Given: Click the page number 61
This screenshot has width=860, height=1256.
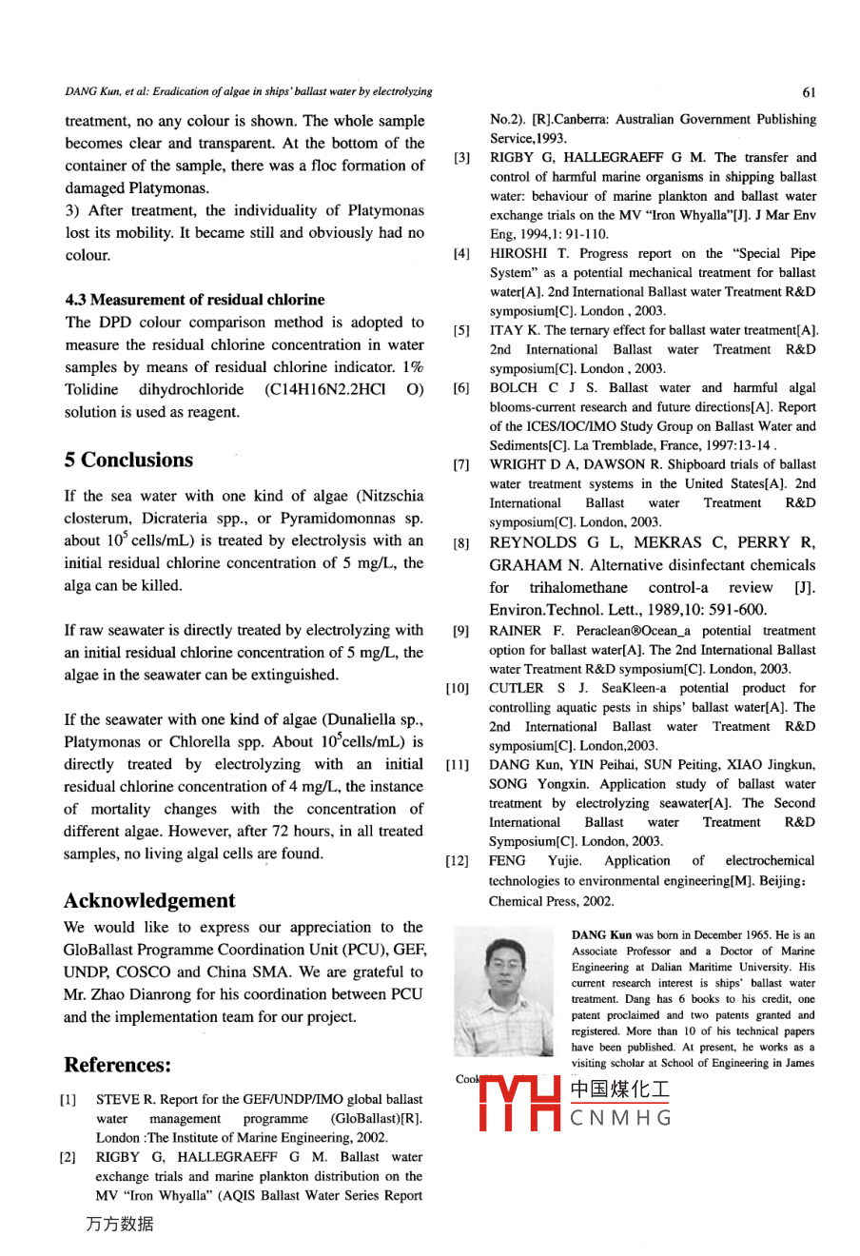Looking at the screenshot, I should pyautogui.click(x=808, y=92).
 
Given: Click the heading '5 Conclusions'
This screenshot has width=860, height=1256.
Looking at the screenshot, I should pyautogui.click(x=128, y=461).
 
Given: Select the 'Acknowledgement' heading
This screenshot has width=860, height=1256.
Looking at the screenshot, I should pyautogui.click(x=149, y=901).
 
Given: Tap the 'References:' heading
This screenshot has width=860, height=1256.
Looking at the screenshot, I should pyautogui.click(x=118, y=1065).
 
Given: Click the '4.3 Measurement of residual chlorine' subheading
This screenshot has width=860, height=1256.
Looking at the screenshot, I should pyautogui.click(x=195, y=300).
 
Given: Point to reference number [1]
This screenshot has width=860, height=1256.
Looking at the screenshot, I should pyautogui.click(x=68, y=1100).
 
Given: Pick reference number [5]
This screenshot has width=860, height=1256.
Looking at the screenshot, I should pyautogui.click(x=461, y=331).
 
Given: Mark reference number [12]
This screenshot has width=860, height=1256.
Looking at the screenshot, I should pyautogui.click(x=458, y=861).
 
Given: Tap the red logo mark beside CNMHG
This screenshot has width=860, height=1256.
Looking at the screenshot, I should pyautogui.click(x=519, y=1105).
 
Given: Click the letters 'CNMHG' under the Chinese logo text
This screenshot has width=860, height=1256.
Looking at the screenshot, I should pyautogui.click(x=620, y=1118).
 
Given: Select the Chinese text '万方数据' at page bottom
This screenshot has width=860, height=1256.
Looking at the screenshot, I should pyautogui.click(x=119, y=1225).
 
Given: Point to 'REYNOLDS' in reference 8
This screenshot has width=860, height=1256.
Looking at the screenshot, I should pyautogui.click(x=533, y=543).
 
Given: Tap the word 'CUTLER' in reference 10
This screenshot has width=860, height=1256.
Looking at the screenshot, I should pyautogui.click(x=517, y=688).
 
